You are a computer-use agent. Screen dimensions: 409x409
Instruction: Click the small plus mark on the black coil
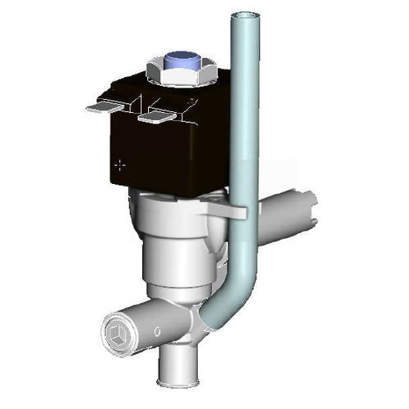click(x=121, y=164)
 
